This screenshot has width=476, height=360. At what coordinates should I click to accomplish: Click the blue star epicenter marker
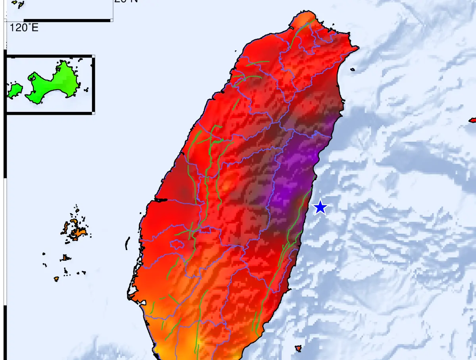coord(320,207)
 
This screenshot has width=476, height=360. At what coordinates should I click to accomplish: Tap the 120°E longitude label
coord(24,28)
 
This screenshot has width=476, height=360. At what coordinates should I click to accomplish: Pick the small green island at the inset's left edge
coord(15,90)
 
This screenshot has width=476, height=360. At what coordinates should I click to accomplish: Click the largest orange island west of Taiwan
coord(77,233)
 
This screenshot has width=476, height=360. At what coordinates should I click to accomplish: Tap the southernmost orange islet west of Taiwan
coord(56,279)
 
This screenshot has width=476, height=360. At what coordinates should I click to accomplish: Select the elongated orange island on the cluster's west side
coord(66,228)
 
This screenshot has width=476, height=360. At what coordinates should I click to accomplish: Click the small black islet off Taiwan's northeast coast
coord(353,70)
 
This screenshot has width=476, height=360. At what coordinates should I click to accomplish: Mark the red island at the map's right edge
coord(473,120)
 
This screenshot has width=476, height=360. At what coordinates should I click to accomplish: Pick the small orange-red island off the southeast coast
coord(298,348)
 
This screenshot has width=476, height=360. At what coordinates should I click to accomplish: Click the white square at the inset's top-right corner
coord(94,56)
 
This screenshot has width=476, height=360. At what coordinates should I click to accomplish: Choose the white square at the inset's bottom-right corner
coord(94,114)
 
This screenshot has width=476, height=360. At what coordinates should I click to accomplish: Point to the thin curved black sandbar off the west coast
coord(128,243)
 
